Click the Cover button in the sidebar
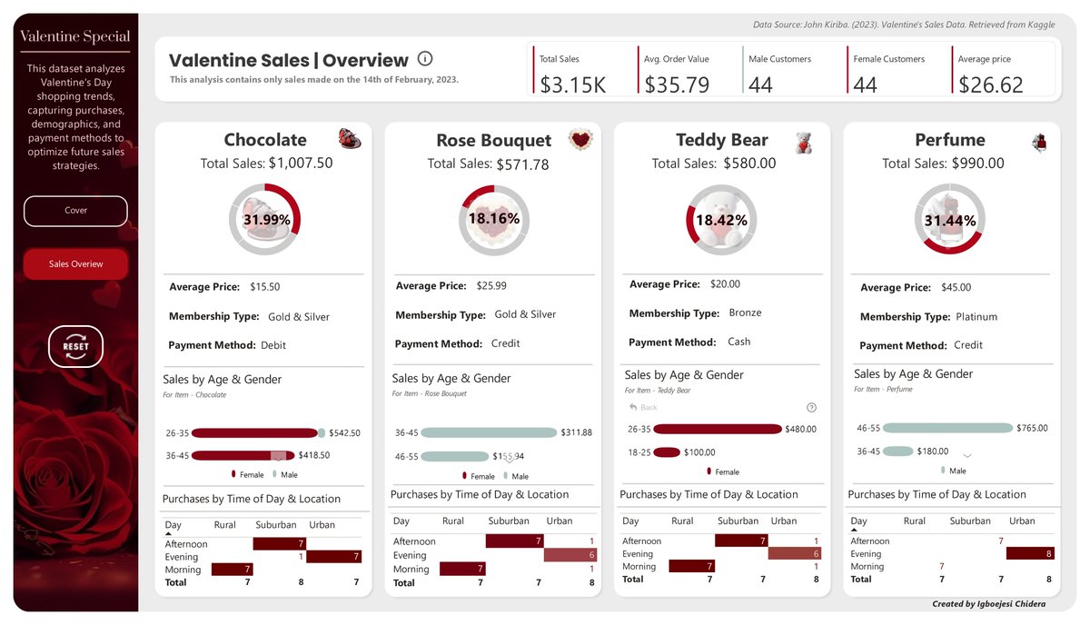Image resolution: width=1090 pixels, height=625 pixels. tap(75, 211)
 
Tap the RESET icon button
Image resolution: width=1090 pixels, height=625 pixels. tap(75, 346)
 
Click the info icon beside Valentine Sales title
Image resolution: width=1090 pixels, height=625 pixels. tap(425, 59)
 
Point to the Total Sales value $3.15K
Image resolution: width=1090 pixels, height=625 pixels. tap(572, 84)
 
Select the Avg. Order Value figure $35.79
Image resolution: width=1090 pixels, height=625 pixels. tap(677, 84)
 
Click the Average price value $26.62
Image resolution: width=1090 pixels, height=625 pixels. tap(990, 84)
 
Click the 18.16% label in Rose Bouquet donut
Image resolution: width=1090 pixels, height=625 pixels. tap(493, 219)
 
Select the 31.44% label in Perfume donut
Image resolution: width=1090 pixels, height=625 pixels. tap(950, 221)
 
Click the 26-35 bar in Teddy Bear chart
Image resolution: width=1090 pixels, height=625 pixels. tap(717, 429)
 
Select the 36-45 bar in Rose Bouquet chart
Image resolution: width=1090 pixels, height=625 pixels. tap(488, 432)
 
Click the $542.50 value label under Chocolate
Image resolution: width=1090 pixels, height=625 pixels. tap(345, 433)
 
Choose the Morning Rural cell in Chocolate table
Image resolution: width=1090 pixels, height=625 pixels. tap(232, 570)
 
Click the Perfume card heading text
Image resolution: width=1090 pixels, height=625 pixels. tap(950, 140)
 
